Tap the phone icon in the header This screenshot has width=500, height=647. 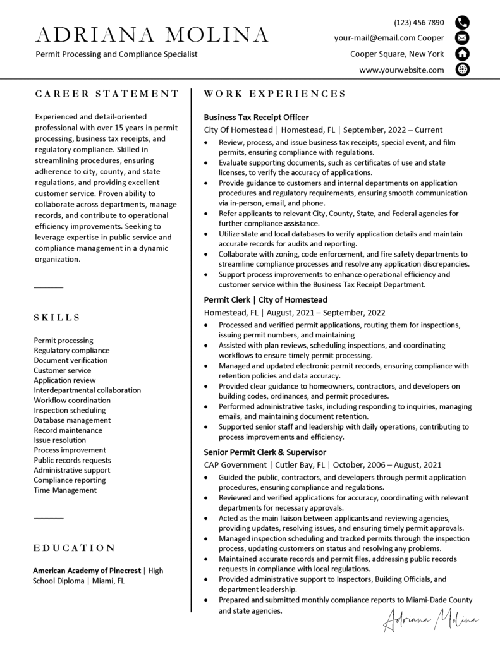click(x=463, y=23)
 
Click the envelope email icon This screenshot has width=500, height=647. click(x=463, y=38)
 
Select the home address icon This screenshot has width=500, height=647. click(x=463, y=54)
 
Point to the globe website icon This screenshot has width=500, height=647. click(x=463, y=70)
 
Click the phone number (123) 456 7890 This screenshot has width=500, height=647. click(x=419, y=23)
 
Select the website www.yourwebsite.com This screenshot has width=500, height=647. click(x=401, y=70)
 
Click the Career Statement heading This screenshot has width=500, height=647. click(x=107, y=94)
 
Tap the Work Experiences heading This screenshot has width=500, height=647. click(x=275, y=94)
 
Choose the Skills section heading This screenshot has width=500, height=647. click(x=57, y=317)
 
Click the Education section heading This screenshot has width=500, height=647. click(x=75, y=548)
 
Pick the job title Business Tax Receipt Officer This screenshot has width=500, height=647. click(x=256, y=117)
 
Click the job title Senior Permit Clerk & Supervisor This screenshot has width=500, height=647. click(x=265, y=452)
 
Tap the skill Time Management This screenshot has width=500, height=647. click(x=65, y=490)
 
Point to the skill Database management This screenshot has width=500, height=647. click(x=72, y=420)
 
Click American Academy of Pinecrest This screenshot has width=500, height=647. click(x=87, y=571)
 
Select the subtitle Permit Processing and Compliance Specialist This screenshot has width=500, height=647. click(x=116, y=54)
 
